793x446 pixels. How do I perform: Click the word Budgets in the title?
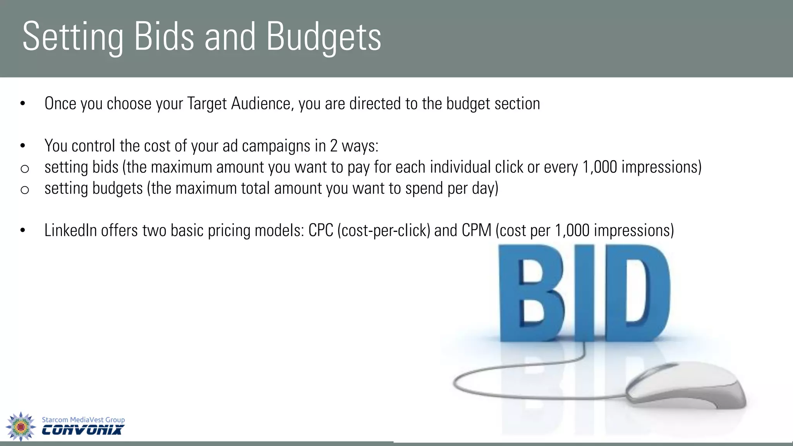[324, 37]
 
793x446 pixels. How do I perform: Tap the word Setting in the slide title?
[73, 37]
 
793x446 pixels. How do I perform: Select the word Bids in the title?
[164, 36]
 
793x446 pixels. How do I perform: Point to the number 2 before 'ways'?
[334, 146]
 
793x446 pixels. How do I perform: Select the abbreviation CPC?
[321, 230]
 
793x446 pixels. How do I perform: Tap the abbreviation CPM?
[476, 230]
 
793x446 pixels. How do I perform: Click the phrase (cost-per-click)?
[384, 230]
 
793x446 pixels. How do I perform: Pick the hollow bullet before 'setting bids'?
[24, 168]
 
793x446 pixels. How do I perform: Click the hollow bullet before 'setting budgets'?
[24, 190]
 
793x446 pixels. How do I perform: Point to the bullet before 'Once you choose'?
[23, 104]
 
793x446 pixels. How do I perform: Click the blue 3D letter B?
[530, 294]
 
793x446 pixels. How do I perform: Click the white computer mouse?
[685, 385]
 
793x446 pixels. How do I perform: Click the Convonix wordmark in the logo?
[83, 430]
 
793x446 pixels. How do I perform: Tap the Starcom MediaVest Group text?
[83, 420]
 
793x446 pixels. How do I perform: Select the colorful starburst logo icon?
[21, 426]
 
